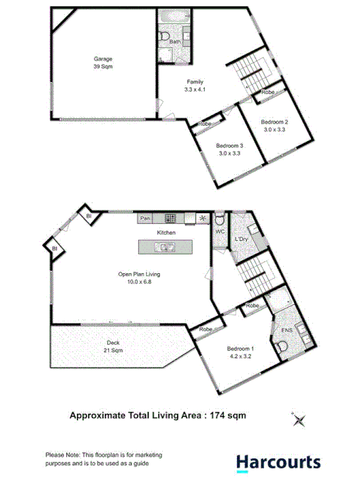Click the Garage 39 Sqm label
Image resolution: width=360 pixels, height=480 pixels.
103,62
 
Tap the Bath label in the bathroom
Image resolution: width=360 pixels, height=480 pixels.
174,43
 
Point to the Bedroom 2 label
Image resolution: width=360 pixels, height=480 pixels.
274,126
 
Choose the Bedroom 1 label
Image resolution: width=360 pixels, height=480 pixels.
239,352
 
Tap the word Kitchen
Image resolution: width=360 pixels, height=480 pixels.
166,233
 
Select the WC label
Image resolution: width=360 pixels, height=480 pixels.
220,233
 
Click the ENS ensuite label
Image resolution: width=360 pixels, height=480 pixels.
287,330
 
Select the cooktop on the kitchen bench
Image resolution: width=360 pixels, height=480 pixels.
171,218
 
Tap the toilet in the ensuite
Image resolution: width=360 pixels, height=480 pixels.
283,346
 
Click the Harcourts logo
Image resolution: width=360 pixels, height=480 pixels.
278,462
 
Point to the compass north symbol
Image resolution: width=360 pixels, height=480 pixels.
297,420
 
